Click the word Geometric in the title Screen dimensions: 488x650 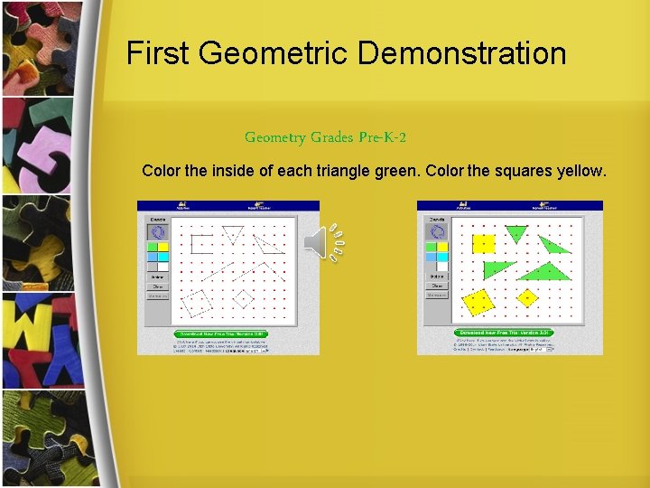[x=275, y=53]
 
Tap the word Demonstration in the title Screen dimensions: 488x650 [x=462, y=53]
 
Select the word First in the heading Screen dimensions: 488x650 [x=159, y=53]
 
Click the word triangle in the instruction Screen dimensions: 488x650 [x=345, y=170]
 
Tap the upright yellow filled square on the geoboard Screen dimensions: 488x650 [x=484, y=243]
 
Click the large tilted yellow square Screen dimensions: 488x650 [x=478, y=301]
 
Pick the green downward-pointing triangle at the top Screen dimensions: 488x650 [x=515, y=233]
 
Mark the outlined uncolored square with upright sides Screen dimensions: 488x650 [x=202, y=242]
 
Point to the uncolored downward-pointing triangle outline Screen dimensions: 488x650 [x=232, y=233]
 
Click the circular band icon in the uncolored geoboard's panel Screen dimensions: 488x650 [x=157, y=231]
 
